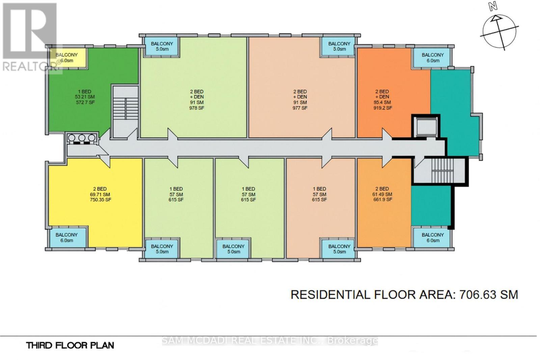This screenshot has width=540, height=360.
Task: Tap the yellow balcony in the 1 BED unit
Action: coord(66,57)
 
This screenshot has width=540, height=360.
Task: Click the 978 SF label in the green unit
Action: coord(197,108)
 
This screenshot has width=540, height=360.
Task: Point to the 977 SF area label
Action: coord(300,108)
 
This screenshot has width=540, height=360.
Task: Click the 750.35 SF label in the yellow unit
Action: coord(100,200)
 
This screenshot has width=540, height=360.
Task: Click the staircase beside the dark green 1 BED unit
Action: coord(125,111)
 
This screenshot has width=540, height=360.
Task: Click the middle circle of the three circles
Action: coord(82,138)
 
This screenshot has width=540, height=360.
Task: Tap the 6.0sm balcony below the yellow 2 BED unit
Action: coord(67,238)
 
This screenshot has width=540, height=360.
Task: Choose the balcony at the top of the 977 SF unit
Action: coord(339,46)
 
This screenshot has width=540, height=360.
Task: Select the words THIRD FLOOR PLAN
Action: coord(70,345)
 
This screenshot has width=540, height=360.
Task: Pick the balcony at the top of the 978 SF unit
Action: coord(162,46)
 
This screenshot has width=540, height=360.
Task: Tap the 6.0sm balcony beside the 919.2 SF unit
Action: coord(433,57)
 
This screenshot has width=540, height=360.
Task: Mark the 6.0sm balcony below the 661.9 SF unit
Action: coord(433,238)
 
